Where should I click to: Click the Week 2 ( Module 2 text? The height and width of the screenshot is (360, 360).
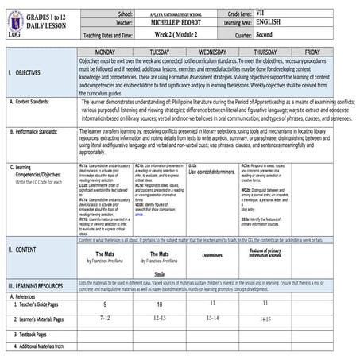[169, 36]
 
